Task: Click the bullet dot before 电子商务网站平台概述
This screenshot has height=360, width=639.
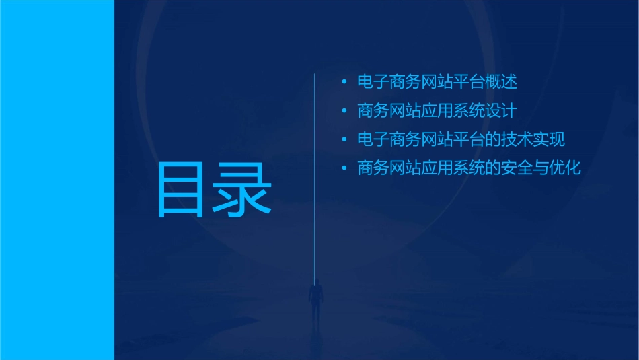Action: click(344, 83)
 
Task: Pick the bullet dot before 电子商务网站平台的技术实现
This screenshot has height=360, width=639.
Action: click(344, 140)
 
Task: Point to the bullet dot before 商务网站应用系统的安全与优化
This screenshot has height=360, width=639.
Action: click(344, 168)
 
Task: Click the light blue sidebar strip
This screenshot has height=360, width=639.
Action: click(57, 180)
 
